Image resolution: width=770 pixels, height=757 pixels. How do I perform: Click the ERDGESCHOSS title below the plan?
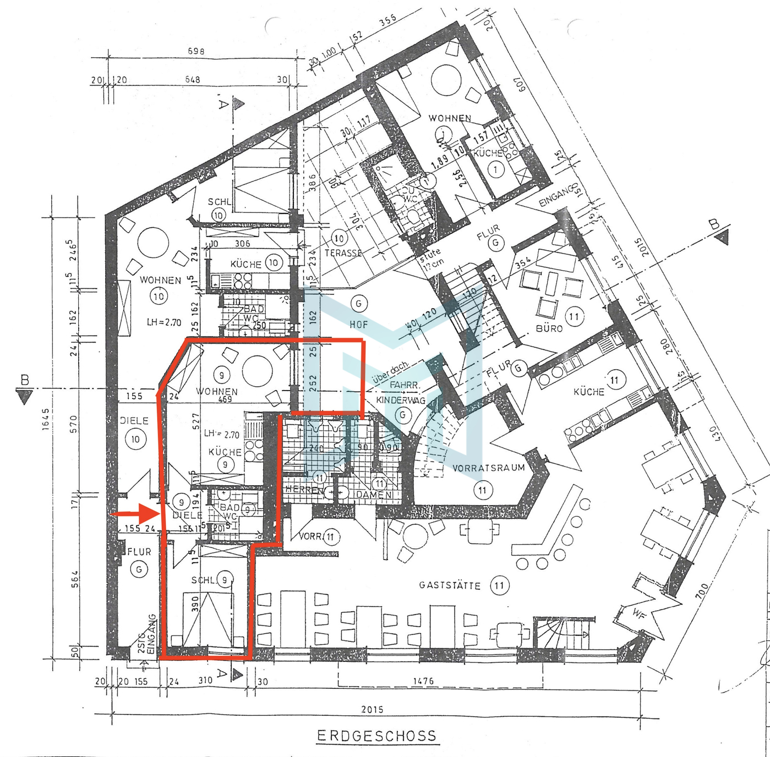377,736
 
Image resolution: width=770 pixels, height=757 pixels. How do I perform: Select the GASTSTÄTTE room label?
450,585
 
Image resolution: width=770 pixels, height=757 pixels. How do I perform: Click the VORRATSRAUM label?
488,468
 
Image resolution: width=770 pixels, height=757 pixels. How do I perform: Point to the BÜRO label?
549,328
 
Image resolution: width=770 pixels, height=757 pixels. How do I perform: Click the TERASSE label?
343,253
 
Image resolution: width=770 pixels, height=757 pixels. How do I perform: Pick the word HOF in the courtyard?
358,325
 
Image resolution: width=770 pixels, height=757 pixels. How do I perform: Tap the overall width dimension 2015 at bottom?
372,709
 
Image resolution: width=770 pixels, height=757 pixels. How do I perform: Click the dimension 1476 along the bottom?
423,681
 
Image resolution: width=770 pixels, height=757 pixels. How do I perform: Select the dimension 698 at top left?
196,51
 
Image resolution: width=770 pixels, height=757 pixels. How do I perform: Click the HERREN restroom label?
303,490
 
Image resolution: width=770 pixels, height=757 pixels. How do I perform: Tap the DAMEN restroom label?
374,495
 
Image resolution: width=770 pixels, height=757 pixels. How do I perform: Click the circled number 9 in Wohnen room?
221,376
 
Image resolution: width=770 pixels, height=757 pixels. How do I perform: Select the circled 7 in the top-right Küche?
495,169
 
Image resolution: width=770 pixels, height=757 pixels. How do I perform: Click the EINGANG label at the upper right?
556,196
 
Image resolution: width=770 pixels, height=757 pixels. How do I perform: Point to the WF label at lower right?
638,612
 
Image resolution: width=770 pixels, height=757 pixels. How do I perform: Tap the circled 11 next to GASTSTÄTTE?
499,585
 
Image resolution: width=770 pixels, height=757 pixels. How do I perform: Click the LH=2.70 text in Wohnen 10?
163,322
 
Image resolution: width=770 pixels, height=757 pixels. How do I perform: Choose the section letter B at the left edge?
24,380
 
